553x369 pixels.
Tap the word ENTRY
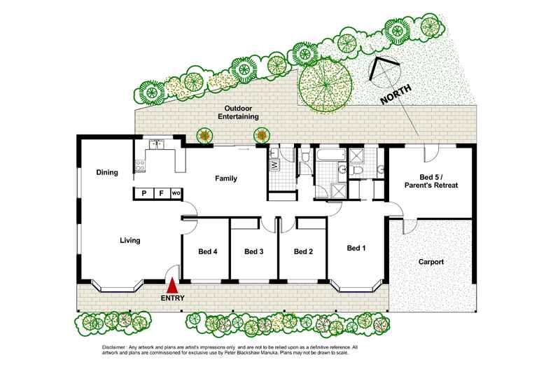173,298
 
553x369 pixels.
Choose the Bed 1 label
356,248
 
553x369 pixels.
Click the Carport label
430,263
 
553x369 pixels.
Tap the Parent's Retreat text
430,186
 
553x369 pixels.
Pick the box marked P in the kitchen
143,193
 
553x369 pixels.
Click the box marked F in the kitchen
160,193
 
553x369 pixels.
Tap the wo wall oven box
176,193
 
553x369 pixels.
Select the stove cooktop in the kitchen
139,166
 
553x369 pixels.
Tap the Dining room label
107,172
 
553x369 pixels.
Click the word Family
225,179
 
